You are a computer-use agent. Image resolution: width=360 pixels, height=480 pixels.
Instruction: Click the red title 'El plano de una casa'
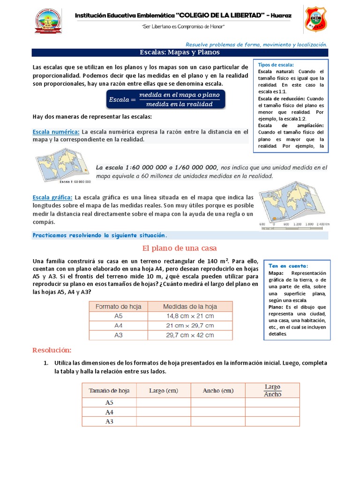[x=180, y=247]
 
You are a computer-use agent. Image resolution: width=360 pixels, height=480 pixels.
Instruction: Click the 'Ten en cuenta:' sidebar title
[x=288, y=266]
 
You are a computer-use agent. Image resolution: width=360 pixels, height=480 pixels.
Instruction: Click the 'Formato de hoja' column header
[x=118, y=306]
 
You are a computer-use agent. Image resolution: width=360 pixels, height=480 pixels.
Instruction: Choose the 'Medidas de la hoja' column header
[x=189, y=306]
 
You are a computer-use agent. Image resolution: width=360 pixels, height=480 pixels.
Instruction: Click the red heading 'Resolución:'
[x=52, y=350]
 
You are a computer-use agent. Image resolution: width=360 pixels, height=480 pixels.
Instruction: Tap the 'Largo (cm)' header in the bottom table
[x=163, y=390]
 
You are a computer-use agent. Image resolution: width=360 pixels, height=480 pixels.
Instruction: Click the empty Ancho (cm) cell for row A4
[x=217, y=412]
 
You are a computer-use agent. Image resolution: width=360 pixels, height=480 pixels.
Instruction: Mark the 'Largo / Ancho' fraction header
[x=272, y=390]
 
